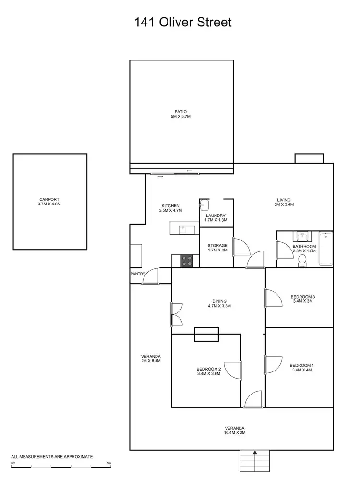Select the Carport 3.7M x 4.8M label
point(50,202)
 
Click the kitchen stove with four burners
point(187,261)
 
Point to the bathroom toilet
point(302,260)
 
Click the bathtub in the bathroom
point(325,249)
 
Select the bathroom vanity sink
point(302,237)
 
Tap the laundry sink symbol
point(203,204)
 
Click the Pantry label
point(137,274)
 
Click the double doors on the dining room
point(176,314)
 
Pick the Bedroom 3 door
point(274,298)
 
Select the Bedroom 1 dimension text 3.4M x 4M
point(301,370)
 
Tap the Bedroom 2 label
point(208,369)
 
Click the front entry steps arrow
point(255,452)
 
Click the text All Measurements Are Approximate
point(52,457)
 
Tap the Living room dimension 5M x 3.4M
point(284,204)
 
